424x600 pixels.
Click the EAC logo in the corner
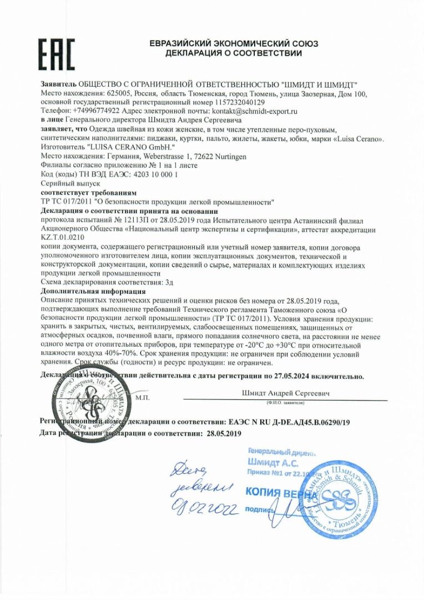tap(57, 54)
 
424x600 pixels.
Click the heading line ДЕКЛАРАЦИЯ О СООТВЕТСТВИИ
tap(233, 53)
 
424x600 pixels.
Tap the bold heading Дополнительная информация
tap(93, 291)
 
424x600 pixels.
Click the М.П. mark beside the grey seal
tap(141, 398)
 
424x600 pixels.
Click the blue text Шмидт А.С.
tap(266, 462)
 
